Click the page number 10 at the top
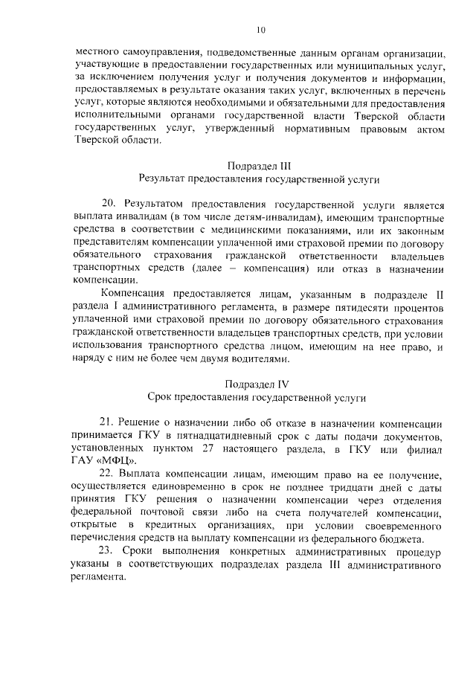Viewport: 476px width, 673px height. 260,30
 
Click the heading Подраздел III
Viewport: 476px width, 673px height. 259,165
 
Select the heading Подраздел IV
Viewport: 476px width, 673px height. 259,384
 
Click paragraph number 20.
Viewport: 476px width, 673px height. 109,203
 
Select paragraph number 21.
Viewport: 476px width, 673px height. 108,422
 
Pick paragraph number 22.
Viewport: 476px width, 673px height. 109,475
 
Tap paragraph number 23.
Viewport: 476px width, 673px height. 109,553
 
